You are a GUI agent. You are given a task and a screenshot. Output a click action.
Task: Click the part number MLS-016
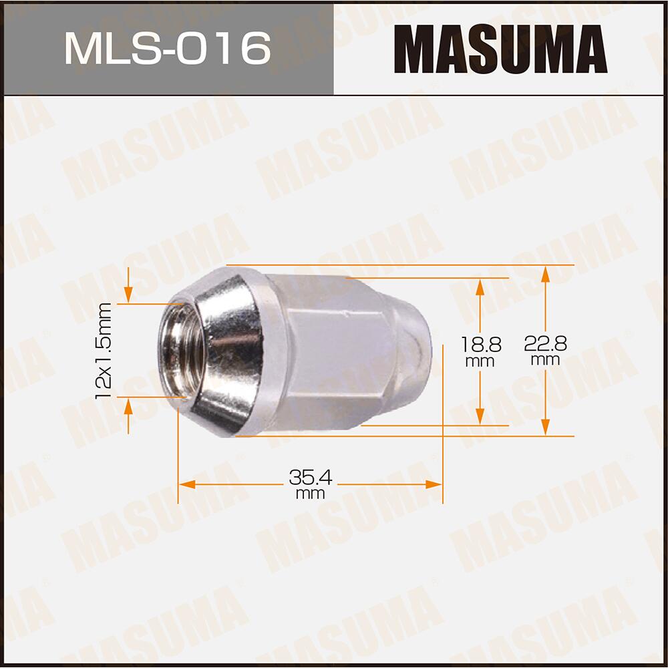tap(167, 48)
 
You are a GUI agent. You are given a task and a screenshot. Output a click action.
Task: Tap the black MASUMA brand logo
tap(500, 49)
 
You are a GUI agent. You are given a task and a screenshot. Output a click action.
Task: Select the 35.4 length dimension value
tap(311, 478)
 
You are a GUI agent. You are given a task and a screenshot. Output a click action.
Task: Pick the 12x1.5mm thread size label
tap(103, 350)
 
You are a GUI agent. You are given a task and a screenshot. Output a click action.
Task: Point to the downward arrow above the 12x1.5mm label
tap(129, 295)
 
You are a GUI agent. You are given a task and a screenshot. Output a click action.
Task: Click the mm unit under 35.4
tap(311, 494)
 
